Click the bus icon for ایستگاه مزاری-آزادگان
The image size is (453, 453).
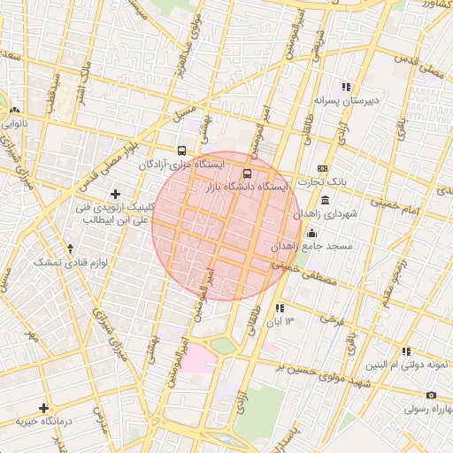click(181, 150)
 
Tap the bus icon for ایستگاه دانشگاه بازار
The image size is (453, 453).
click(247, 173)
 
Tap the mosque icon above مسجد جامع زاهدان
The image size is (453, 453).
click(311, 233)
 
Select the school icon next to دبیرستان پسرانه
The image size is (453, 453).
click(346, 87)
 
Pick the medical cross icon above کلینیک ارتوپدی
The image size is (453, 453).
click(114, 194)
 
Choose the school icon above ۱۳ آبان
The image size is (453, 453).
click(280, 308)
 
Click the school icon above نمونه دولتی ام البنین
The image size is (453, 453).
click(406, 351)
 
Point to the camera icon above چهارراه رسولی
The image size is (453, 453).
click(431, 395)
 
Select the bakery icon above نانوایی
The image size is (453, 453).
click(12, 111)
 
